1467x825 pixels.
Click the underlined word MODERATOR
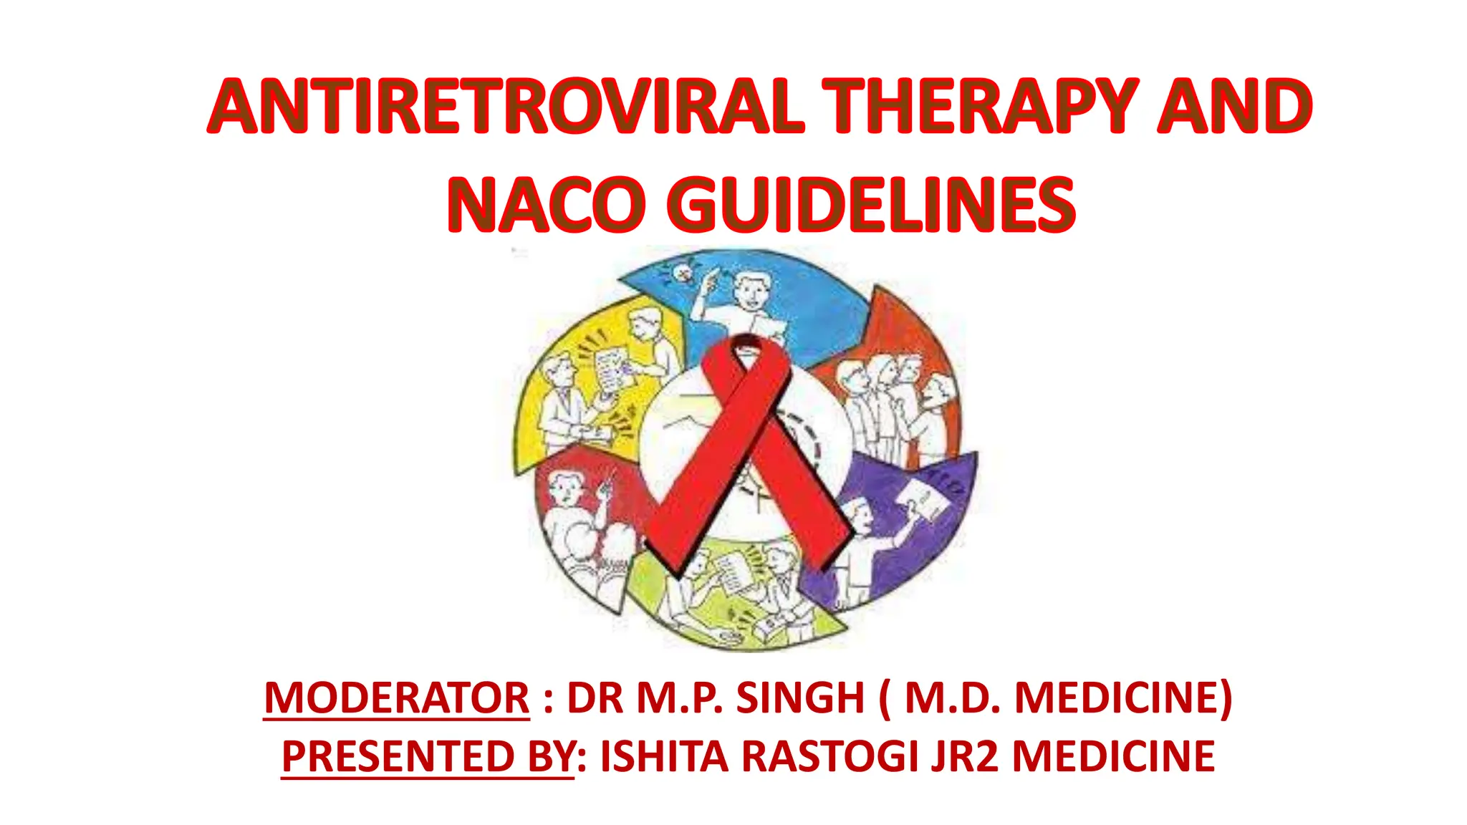[x=397, y=698]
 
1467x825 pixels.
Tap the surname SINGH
[x=800, y=698]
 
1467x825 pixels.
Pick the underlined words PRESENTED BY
[x=428, y=756]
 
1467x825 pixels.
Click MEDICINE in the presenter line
[x=1113, y=756]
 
